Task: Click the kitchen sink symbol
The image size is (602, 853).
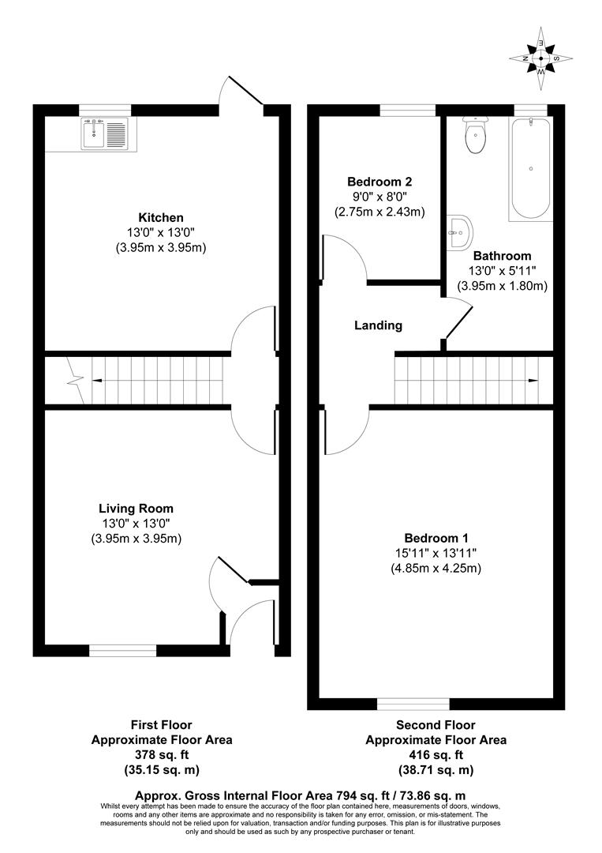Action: (104, 132)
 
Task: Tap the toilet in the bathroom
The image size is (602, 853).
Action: (476, 136)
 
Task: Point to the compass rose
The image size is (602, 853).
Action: (540, 58)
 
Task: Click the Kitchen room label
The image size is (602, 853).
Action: (161, 217)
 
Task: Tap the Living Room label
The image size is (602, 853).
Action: (136, 509)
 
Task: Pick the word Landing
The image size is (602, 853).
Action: (378, 325)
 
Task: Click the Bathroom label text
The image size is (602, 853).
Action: (502, 256)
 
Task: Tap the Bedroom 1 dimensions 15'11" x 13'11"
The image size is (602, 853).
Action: (436, 552)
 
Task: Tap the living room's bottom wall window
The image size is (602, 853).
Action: (122, 650)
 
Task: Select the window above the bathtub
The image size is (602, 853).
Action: (530, 110)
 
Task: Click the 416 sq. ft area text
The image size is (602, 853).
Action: (436, 754)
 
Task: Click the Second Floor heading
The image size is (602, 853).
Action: (436, 724)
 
